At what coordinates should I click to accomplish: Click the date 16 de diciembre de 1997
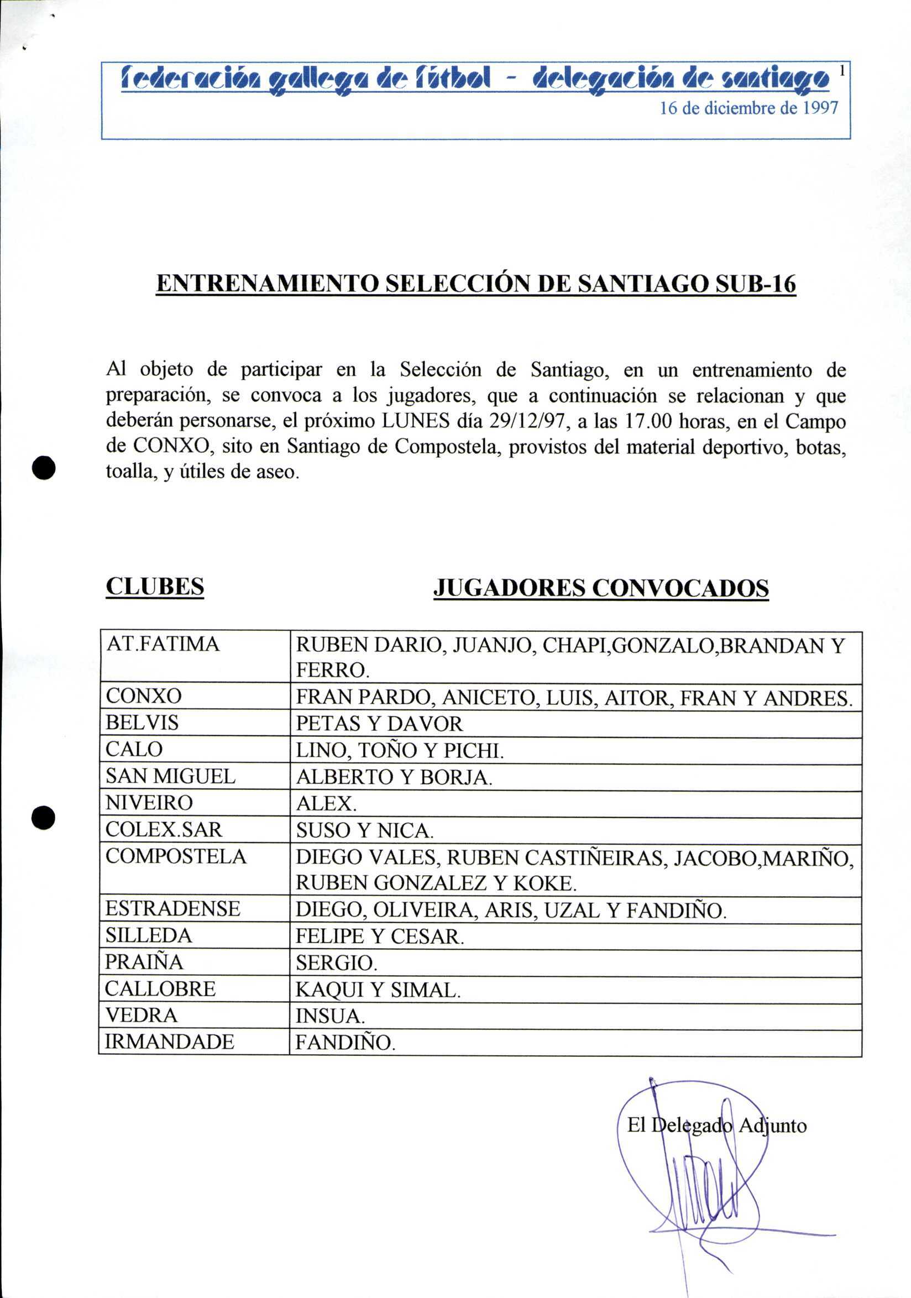click(x=749, y=108)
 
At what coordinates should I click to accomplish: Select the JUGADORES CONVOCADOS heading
click(x=601, y=588)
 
